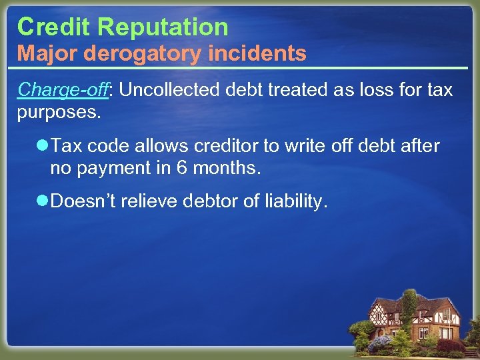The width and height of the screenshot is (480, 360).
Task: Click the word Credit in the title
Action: coord(54,27)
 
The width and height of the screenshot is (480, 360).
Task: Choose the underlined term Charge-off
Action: coord(63,90)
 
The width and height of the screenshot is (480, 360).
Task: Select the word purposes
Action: coord(59,111)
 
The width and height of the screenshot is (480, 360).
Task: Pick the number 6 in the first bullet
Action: coord(181,168)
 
